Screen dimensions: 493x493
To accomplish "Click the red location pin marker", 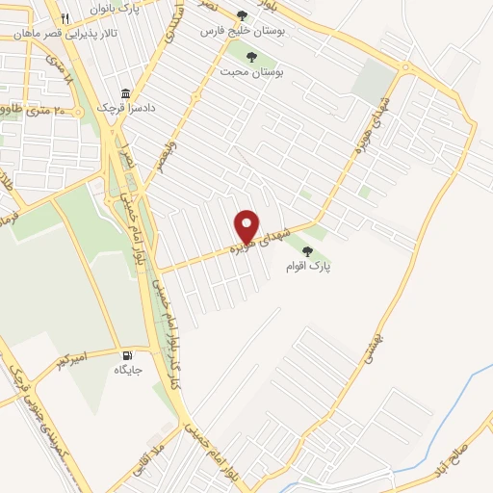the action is [x=247, y=225].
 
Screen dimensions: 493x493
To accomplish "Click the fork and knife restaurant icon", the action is [x=64, y=18].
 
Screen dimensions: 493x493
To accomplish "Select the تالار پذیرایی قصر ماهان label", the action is [x=56, y=32].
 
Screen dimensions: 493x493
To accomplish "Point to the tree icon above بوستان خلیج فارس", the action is [x=242, y=15].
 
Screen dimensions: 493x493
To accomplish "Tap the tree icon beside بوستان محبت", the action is [x=251, y=55].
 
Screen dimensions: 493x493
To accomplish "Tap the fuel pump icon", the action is [x=124, y=354].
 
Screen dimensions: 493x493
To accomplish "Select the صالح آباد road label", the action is [x=453, y=458].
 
